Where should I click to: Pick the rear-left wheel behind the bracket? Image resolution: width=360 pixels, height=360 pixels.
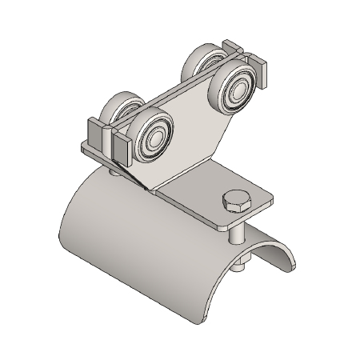coord(122,110)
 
